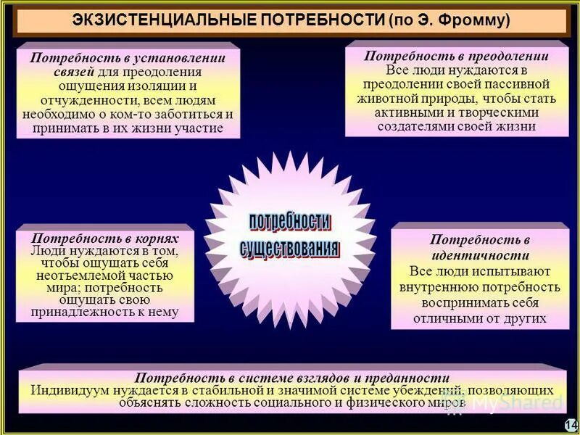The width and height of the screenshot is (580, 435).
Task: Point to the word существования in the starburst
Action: pos(289,246)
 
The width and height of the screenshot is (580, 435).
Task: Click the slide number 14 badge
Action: pos(570,424)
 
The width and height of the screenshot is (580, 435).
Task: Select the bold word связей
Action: pos(75,72)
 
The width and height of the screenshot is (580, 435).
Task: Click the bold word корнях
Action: pos(157,238)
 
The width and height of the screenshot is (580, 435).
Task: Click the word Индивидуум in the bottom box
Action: pos(68,389)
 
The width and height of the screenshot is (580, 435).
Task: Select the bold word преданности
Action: pos(411,377)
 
